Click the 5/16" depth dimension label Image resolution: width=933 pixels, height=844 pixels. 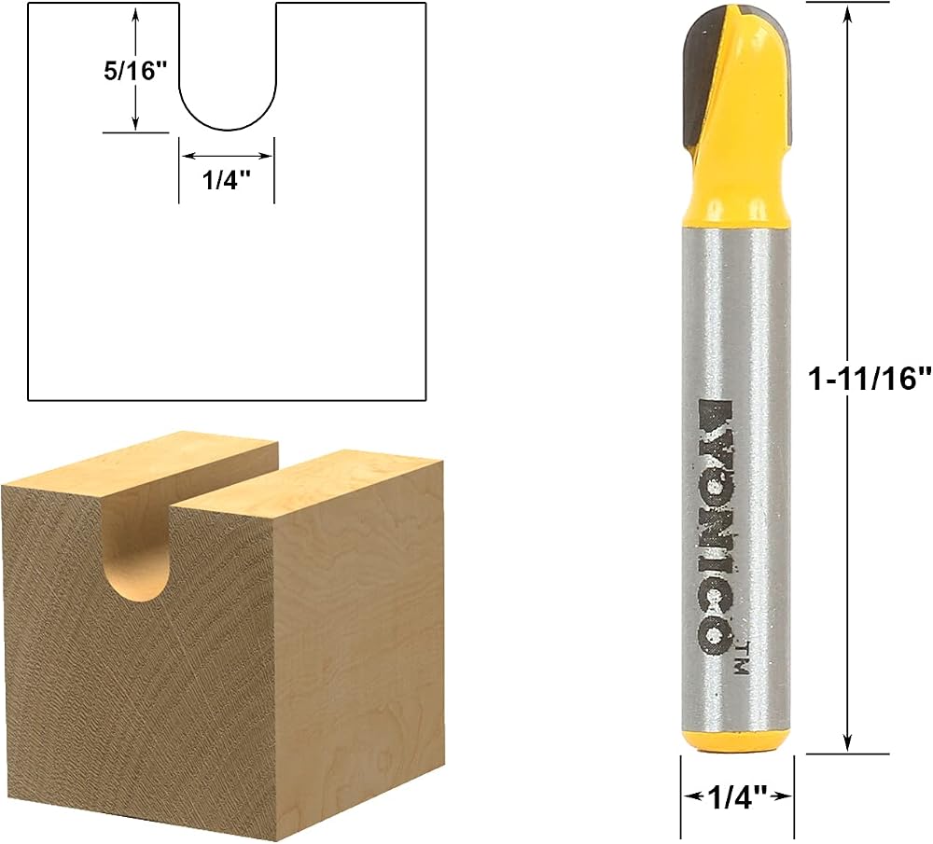133,71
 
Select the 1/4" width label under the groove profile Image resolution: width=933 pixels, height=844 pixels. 226,180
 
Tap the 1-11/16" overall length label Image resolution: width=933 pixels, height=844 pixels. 870,379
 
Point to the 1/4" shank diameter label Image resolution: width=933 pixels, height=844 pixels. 737,798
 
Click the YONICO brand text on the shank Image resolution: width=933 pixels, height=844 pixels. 714,526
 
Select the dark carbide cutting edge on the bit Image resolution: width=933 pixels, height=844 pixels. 701,77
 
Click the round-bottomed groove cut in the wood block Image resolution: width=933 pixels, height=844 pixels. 138,553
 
